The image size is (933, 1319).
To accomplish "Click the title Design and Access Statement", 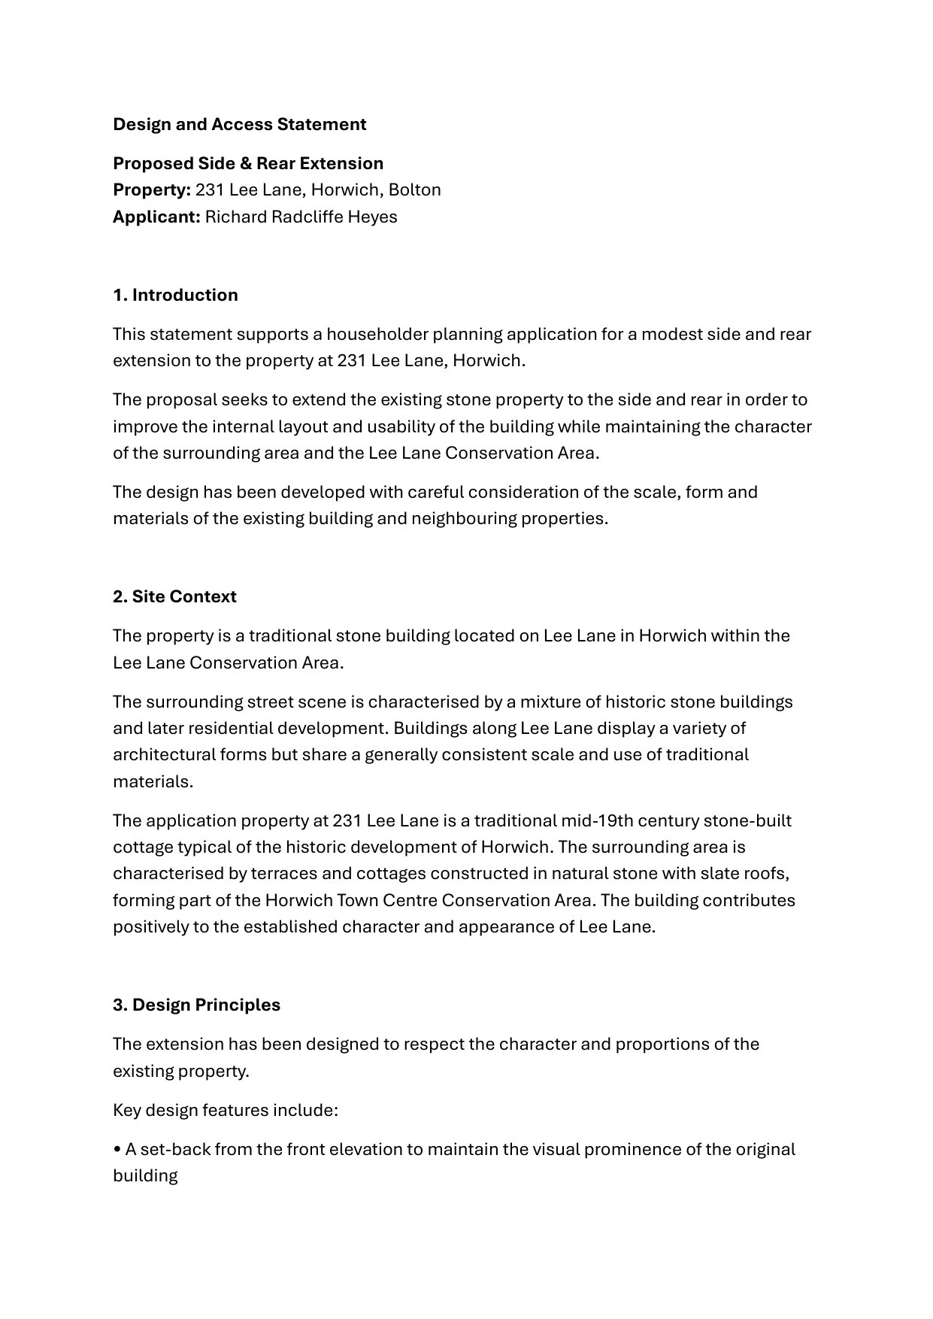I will [x=239, y=124].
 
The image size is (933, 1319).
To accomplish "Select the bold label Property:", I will [x=152, y=190].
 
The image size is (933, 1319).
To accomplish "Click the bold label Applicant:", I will [x=156, y=217].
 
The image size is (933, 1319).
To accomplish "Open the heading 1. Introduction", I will [x=175, y=295].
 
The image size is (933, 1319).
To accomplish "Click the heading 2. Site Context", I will [x=174, y=596].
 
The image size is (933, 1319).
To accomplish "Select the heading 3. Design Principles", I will [x=196, y=1005].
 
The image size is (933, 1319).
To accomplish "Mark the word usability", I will [x=399, y=426].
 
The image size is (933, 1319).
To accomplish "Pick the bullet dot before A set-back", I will [x=117, y=1150].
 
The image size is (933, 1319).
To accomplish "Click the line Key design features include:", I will [x=226, y=1110].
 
